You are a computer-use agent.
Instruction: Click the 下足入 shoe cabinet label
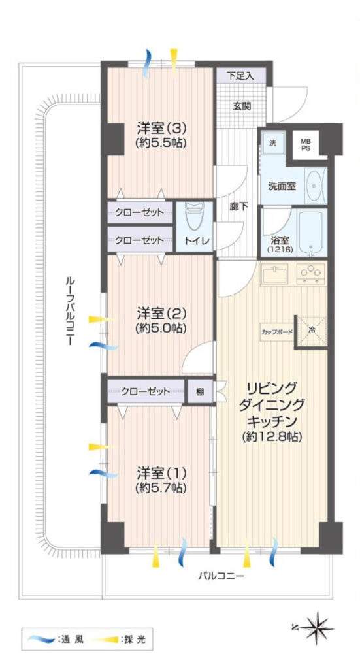(240, 76)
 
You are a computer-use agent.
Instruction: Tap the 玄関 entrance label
(242, 106)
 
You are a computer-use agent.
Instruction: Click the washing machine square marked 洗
(272, 143)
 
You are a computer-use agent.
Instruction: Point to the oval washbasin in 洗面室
(316, 186)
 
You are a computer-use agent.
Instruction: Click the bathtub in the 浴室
(312, 232)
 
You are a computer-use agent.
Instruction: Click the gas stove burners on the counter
(310, 273)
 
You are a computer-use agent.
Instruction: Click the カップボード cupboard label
(277, 331)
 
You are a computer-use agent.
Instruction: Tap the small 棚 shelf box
(200, 391)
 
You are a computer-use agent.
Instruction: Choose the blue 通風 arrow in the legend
(41, 639)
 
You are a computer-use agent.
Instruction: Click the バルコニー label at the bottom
(222, 576)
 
